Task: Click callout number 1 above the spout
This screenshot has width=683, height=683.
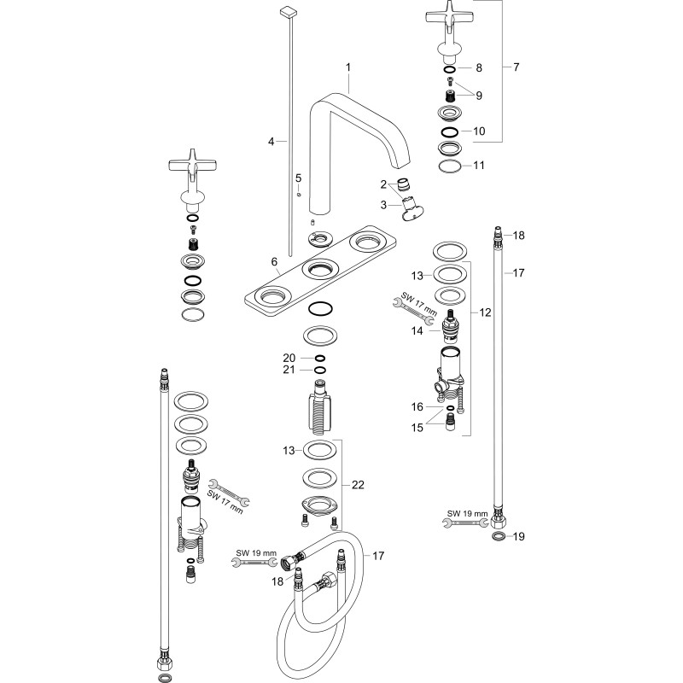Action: [x=348, y=67]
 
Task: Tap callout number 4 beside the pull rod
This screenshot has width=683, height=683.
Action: [x=271, y=142]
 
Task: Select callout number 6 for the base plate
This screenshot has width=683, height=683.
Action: [x=274, y=262]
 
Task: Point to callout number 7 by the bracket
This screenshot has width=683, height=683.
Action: [x=517, y=67]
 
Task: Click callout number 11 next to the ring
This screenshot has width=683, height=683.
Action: [x=479, y=165]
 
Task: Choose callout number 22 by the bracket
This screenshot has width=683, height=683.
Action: [x=358, y=485]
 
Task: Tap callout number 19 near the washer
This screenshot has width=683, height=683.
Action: [x=518, y=536]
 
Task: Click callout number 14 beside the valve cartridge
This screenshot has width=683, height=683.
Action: [x=417, y=331]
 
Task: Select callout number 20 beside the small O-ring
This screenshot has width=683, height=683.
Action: [x=289, y=358]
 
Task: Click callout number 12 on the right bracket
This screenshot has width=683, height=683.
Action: [x=485, y=312]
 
